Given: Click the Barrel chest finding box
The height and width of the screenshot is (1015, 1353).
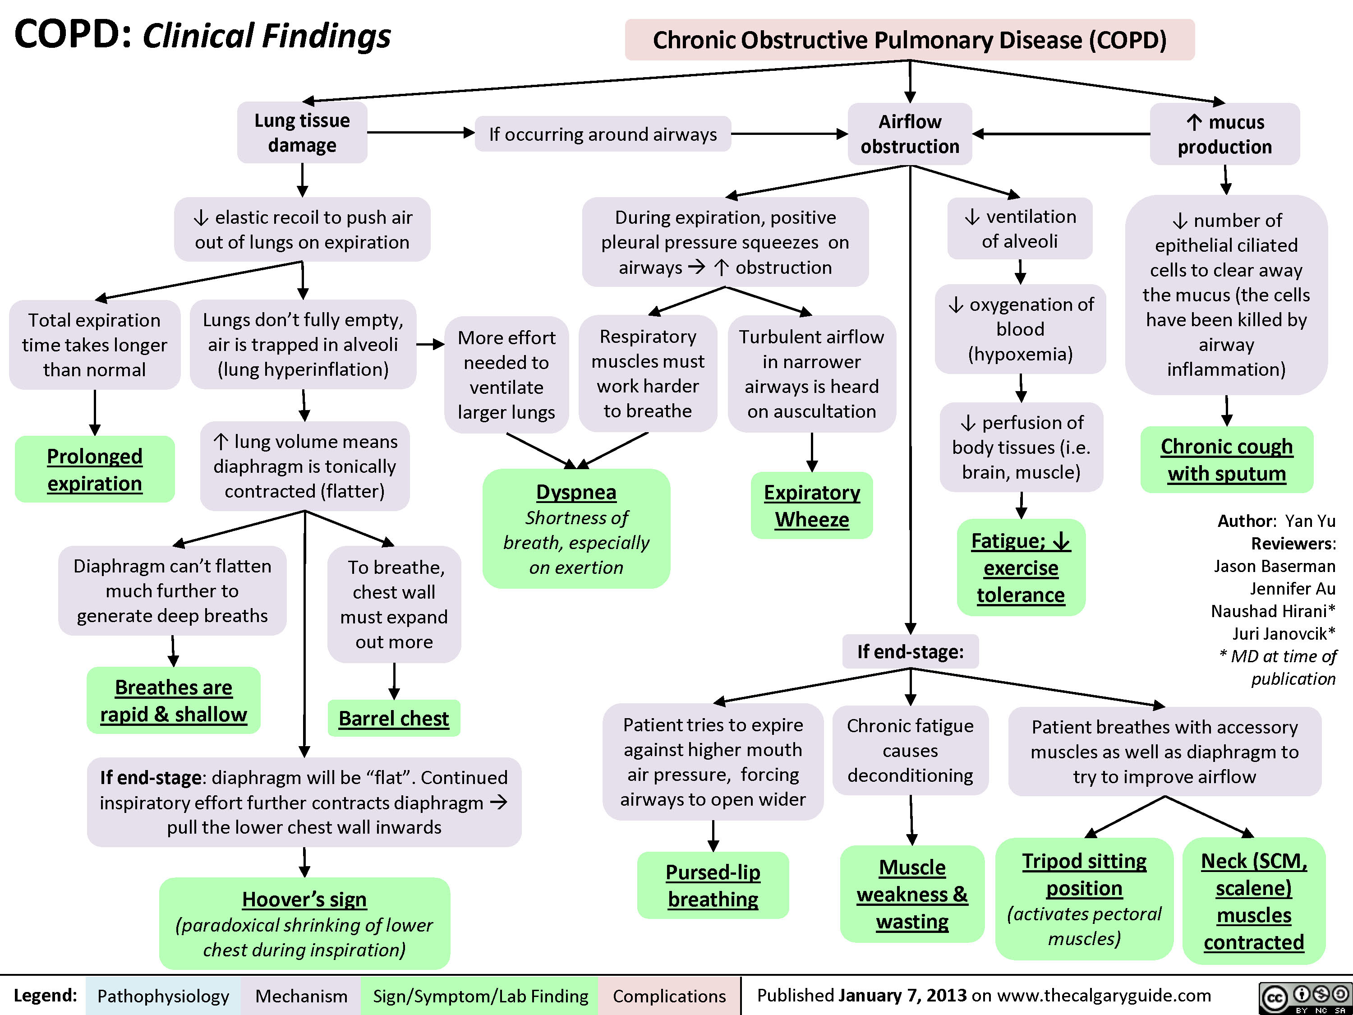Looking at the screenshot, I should tap(393, 718).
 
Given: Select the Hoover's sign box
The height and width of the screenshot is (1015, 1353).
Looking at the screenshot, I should tap(304, 923).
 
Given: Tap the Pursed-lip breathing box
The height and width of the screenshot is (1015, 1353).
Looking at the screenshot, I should tap(713, 885).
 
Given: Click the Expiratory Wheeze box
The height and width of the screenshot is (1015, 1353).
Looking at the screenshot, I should tap(812, 505).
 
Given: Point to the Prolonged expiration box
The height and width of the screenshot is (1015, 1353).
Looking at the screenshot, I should tap(95, 469).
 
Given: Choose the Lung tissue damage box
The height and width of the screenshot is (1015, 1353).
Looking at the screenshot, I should tap(302, 133).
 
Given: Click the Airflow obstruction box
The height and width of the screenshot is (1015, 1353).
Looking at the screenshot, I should tap(910, 134).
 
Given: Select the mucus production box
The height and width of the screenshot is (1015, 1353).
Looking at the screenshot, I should tap(1224, 134).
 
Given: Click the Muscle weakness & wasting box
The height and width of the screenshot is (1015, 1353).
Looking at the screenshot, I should tap(912, 894).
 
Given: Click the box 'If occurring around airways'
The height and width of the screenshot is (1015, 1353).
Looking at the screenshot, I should tap(603, 134).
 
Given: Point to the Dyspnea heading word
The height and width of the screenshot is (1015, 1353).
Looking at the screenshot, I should tap(576, 492).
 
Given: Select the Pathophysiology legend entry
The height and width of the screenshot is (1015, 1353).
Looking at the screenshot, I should tap(163, 996).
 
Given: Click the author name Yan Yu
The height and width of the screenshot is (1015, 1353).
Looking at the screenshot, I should tap(1310, 521).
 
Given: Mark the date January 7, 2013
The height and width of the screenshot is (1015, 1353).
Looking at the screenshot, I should tap(902, 996).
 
